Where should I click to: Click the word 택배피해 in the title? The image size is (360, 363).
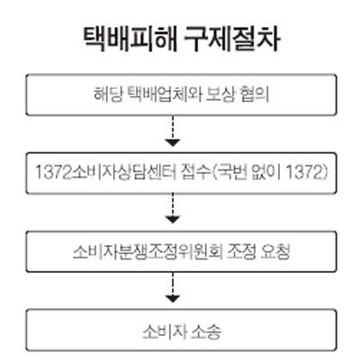pos(130,40)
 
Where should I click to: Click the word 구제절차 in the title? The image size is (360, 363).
pos(232,40)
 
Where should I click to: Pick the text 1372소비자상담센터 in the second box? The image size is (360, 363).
pos(106,173)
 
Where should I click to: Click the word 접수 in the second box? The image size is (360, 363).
pos(196,173)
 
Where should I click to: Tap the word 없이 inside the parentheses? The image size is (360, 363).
pos(266,173)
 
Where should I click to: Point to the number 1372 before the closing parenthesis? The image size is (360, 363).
pos(303,173)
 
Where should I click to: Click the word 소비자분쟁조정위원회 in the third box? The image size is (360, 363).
pos(148,251)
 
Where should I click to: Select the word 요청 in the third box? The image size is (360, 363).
pos(275,251)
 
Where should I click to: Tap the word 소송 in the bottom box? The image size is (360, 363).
pos(206,331)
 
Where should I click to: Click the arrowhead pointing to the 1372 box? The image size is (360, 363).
pos(173,142)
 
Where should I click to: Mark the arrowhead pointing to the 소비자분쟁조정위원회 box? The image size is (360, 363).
pos(173,220)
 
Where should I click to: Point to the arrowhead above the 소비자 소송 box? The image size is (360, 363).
pos(173,298)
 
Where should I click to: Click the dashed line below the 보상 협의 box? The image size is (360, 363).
pos(173,127)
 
